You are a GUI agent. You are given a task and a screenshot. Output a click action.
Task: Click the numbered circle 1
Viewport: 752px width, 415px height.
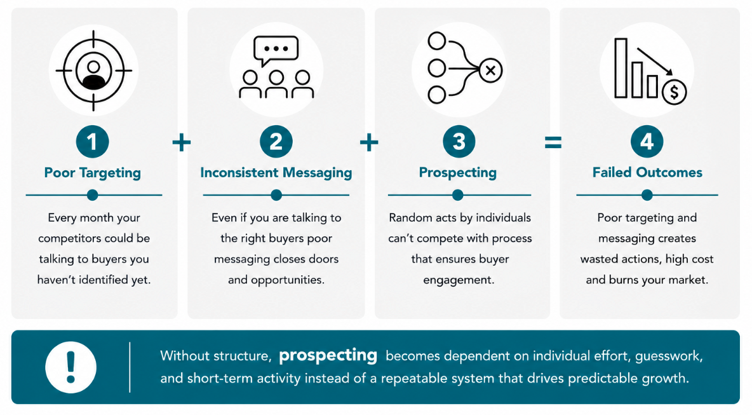point(93,142)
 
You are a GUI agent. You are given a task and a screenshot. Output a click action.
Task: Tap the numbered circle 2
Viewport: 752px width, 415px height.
point(276,142)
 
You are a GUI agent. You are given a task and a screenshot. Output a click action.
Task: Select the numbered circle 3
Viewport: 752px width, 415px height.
point(459,142)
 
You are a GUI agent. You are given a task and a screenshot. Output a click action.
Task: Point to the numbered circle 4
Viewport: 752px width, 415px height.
point(647,142)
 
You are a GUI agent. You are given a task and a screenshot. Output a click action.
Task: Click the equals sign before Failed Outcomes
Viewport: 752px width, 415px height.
point(553,142)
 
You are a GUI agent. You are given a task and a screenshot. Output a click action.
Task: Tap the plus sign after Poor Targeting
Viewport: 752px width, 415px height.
point(181,142)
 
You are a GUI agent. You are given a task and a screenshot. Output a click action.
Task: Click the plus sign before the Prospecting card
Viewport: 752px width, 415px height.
point(369,142)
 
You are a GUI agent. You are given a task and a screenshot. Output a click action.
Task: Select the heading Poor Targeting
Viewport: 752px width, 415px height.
point(93,173)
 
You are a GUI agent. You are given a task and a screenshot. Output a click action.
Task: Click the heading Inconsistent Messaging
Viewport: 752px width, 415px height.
point(276,173)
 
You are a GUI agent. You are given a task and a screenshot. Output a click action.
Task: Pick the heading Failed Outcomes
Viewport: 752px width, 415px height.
point(647,172)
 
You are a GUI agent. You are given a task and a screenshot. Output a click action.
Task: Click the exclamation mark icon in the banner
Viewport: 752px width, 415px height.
point(71,367)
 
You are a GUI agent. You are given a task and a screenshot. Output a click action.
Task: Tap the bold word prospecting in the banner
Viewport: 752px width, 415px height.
point(328,355)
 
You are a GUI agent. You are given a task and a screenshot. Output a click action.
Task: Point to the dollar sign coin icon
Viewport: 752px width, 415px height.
point(675,92)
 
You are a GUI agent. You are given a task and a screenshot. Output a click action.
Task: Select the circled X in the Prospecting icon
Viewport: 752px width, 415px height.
point(490,71)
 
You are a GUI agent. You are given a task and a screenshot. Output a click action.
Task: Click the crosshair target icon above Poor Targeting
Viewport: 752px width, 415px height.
point(93,71)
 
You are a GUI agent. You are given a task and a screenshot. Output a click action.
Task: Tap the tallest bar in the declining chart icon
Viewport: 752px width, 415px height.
point(621,68)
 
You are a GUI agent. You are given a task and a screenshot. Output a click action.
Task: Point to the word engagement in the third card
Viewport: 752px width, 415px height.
point(459,280)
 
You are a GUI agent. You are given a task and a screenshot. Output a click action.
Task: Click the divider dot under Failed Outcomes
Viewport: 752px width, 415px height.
point(647,194)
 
